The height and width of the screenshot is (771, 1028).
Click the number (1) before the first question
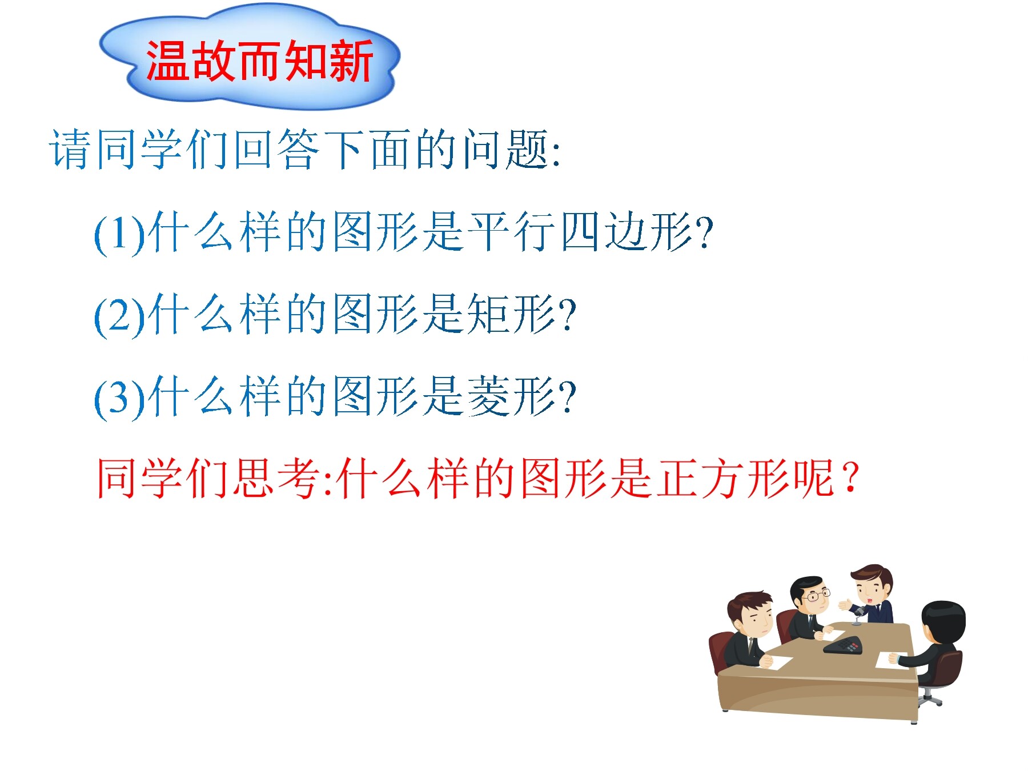tap(119, 234)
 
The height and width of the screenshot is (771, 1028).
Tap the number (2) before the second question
tap(119, 316)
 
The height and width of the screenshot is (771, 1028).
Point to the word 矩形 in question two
tap(511, 314)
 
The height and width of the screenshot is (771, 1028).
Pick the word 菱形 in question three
tap(511, 396)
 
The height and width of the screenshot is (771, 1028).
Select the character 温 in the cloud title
tap(167, 61)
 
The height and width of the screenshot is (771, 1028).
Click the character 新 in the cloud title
tap(351, 61)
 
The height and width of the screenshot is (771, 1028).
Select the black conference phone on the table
tap(843, 645)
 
